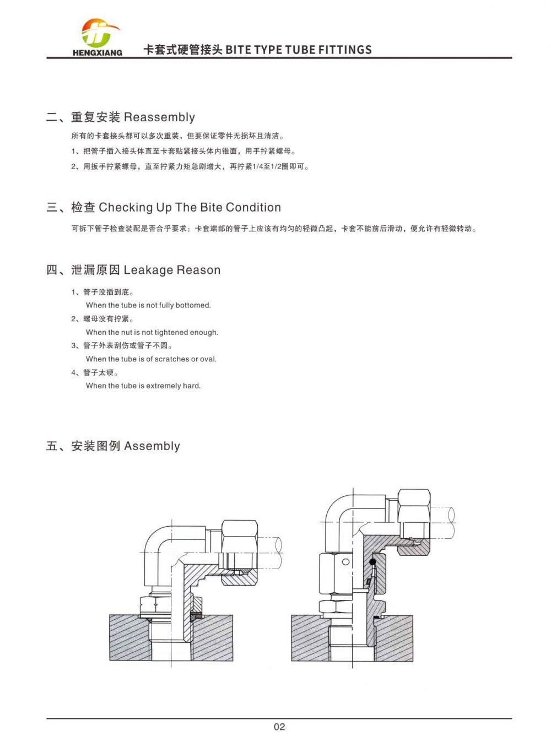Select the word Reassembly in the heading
[x=159, y=117]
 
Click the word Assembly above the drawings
[x=152, y=446]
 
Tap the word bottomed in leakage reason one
[x=193, y=305]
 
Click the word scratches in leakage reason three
[x=171, y=359]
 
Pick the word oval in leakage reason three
[x=208, y=359]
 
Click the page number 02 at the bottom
[x=279, y=727]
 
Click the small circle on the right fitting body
[x=346, y=562]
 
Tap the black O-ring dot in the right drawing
[x=373, y=562]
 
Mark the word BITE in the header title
[x=238, y=50]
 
